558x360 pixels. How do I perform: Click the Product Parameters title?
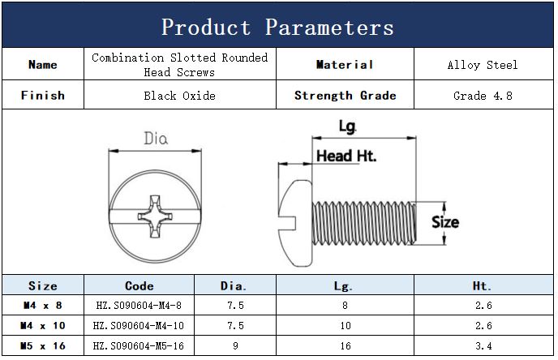[x=277, y=27]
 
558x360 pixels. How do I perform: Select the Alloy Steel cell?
[x=483, y=65]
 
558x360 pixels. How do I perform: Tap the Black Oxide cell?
[x=179, y=96]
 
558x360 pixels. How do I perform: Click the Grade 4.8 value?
[x=483, y=96]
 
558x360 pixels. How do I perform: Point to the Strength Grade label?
[x=345, y=96]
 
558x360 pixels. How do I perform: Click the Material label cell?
[x=345, y=64]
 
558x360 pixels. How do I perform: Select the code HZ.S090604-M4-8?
[x=139, y=305]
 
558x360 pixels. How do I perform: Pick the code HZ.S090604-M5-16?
[x=139, y=345]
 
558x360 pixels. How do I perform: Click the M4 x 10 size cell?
[x=43, y=325]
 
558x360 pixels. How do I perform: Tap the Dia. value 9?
[x=235, y=345]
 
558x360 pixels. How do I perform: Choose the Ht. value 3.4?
[x=483, y=345]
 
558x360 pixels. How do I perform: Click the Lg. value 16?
[x=346, y=345]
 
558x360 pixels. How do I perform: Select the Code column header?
[x=139, y=285]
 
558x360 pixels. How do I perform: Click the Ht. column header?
[x=483, y=285]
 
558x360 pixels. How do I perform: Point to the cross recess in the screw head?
[x=155, y=216]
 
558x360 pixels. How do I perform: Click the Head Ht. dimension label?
[x=346, y=156]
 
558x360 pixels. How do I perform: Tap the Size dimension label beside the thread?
[x=445, y=222]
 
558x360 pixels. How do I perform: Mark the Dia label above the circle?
[x=156, y=138]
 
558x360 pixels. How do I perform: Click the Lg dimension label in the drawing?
[x=347, y=126]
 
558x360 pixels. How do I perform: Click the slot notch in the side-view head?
[x=288, y=223]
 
